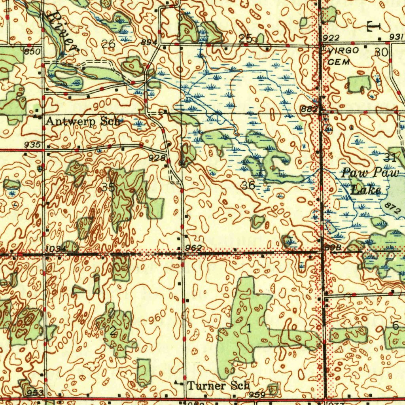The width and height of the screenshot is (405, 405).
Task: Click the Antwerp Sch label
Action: point(83,121)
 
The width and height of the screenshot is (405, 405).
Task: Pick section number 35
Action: point(108,187)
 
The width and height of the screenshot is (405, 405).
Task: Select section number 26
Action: point(108,44)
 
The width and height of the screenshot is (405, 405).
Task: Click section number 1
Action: point(248,328)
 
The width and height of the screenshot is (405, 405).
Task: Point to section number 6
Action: point(395,326)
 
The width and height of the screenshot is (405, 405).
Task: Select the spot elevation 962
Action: point(194,248)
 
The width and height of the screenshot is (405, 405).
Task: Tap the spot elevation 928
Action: point(157,158)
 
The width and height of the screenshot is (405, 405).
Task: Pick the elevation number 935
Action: point(32,145)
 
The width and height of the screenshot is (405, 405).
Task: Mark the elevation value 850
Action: point(32,51)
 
